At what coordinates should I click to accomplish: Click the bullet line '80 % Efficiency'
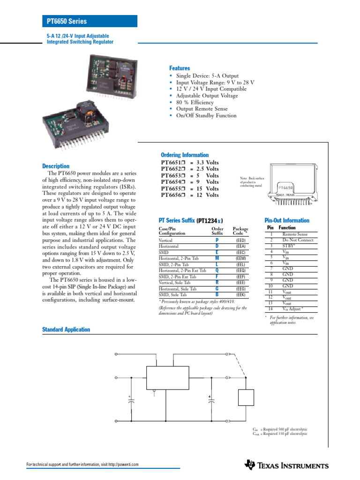pos(195,102)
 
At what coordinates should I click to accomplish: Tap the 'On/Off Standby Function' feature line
pos(206,115)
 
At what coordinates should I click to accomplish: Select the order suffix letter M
pos(217,258)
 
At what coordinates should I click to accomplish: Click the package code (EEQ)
pos(241,270)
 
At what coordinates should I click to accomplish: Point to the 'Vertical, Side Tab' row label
pos(174,283)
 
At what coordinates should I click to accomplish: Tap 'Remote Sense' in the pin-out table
pos(295,234)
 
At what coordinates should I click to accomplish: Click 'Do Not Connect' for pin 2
pos(298,240)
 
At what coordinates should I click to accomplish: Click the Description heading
pos(56,166)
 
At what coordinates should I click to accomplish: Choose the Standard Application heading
pos(66,330)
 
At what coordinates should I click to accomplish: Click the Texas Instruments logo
pos(286,465)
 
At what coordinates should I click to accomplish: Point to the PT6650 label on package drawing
pos(286,187)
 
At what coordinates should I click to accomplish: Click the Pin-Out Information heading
pos(287,220)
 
